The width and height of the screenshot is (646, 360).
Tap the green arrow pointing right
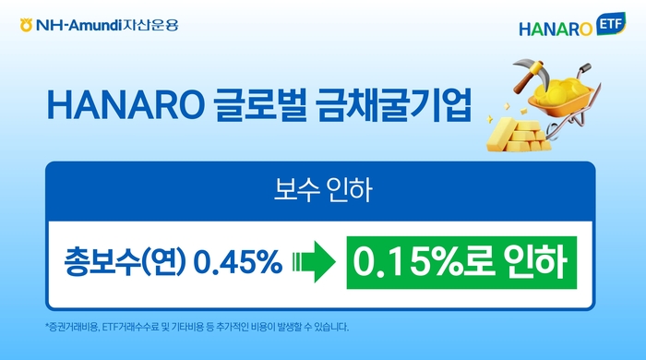312,261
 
